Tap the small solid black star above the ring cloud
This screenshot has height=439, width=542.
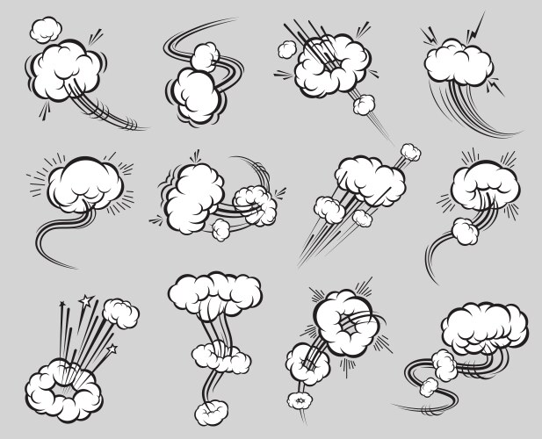click(x=62, y=305)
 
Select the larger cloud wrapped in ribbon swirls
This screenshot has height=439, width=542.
click(x=196, y=90)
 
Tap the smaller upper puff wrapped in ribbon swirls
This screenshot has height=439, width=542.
click(x=206, y=56)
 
